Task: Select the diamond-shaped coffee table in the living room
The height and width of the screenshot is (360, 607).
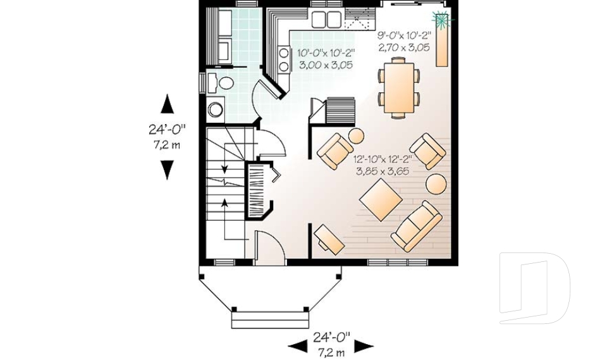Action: (381, 199)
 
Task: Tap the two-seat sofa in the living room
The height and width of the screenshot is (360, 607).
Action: (416, 225)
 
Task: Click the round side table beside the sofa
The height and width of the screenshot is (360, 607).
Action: (436, 184)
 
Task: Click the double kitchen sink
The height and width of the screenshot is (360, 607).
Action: (326, 19)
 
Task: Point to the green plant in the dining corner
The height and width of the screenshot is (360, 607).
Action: (441, 19)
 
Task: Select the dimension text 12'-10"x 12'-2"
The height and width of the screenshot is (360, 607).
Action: (383, 159)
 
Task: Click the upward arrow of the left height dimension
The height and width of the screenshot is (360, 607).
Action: (167, 103)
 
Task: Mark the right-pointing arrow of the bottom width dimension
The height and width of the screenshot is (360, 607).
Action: (364, 345)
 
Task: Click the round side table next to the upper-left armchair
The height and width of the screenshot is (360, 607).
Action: (357, 136)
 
